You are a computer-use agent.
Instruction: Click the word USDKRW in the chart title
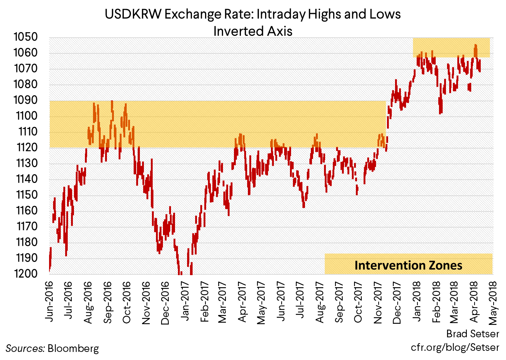click(133, 14)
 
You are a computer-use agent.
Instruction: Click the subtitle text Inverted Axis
click(253, 31)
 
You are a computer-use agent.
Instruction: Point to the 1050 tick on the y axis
click(26, 37)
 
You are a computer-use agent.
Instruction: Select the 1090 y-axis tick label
click(26, 100)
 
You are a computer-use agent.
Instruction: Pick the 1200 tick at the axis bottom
click(26, 273)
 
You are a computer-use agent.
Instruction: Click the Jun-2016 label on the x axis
click(49, 301)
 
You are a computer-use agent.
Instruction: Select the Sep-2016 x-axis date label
click(107, 302)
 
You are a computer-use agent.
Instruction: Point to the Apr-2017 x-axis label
click(242, 301)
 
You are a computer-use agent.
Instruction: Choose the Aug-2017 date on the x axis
click(320, 302)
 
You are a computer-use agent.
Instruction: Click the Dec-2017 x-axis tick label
click(397, 302)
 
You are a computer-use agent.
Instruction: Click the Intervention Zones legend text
click(408, 265)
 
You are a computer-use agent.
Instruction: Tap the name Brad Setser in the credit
click(472, 334)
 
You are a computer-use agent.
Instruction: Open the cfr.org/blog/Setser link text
click(455, 347)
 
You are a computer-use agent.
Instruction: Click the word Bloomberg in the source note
click(73, 348)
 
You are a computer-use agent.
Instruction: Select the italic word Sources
click(25, 348)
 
